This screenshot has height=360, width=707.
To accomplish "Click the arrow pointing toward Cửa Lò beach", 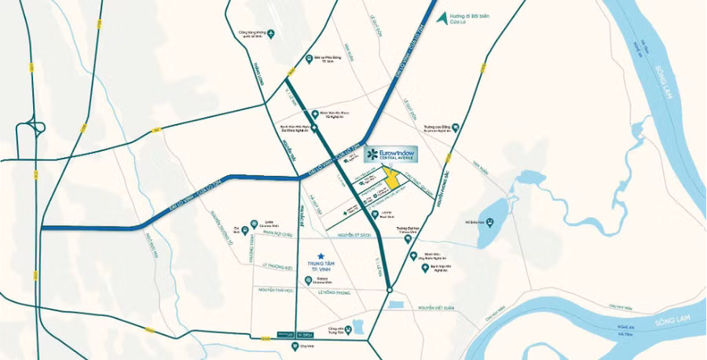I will [x=442, y=16].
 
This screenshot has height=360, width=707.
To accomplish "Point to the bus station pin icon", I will [x=308, y=59].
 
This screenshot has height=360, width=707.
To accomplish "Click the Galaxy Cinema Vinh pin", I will [x=307, y=279].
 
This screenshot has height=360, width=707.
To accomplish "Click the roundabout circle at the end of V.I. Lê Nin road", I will [x=390, y=292].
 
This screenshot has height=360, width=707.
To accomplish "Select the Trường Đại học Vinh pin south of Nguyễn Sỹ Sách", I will [x=408, y=238].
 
